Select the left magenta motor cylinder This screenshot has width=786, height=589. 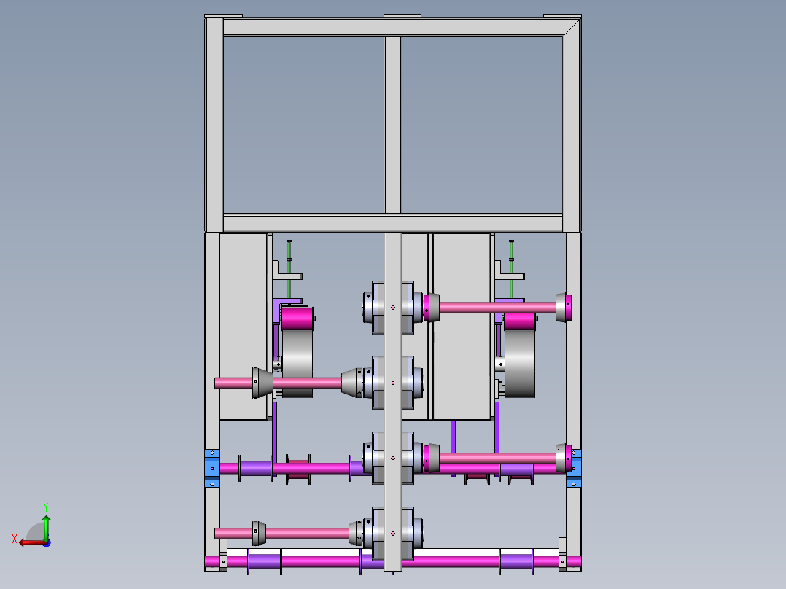click(x=297, y=319)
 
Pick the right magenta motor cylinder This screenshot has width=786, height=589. click(x=519, y=321)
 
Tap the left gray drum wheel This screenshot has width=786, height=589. click(x=297, y=361)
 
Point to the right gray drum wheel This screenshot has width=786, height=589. click(x=521, y=363)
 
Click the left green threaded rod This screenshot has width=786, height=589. click(x=289, y=259)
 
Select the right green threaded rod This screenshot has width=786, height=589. click(x=512, y=259)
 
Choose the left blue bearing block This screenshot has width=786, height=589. click(x=212, y=468)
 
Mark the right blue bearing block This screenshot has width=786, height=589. click(x=575, y=468)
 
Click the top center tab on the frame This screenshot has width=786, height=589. click(x=402, y=17)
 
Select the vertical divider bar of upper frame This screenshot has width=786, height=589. click(x=393, y=124)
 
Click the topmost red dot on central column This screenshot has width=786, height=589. click(x=393, y=308)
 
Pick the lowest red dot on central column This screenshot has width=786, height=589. click(x=393, y=534)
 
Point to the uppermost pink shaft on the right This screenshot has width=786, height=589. click(x=496, y=308)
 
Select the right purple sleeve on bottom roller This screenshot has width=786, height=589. click(x=516, y=561)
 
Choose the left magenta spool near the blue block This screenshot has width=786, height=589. click(x=298, y=468)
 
